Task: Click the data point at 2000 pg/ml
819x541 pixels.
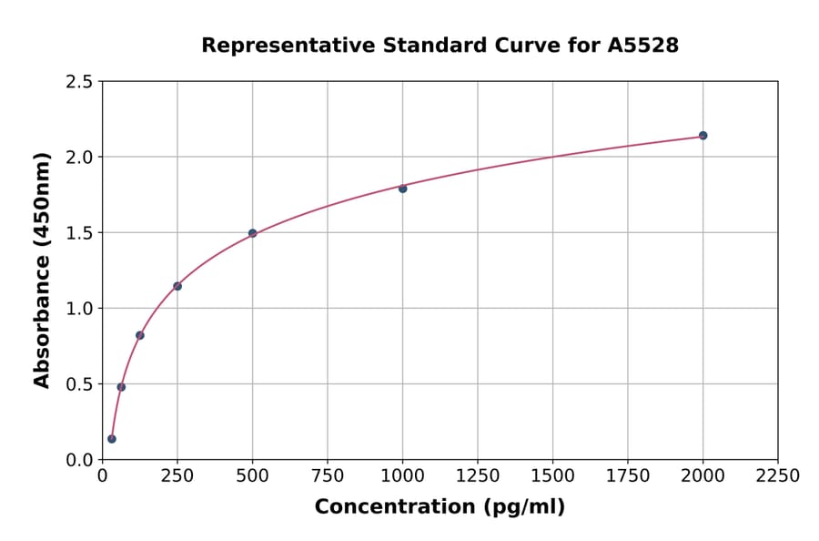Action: [703, 136]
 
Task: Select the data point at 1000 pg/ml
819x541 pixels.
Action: [402, 189]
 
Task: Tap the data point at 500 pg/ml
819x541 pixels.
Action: [252, 233]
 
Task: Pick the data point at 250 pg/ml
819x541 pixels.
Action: [177, 286]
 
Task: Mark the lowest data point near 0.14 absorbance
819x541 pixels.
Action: [112, 439]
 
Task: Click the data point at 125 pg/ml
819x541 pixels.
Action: [140, 335]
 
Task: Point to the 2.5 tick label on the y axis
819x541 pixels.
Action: [80, 82]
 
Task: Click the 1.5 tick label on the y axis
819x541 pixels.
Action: [80, 233]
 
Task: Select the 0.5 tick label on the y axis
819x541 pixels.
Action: [80, 384]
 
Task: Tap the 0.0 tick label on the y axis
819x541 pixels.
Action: [80, 460]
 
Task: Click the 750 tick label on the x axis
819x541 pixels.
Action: [328, 476]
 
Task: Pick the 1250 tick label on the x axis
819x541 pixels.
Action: [478, 476]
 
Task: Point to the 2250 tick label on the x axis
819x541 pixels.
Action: [778, 476]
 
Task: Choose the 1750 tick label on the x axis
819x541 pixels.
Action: [628, 476]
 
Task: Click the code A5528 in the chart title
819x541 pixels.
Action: [642, 45]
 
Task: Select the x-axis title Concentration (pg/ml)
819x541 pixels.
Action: [440, 507]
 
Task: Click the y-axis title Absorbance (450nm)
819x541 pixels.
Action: [42, 270]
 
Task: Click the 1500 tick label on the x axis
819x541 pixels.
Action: [552, 476]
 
